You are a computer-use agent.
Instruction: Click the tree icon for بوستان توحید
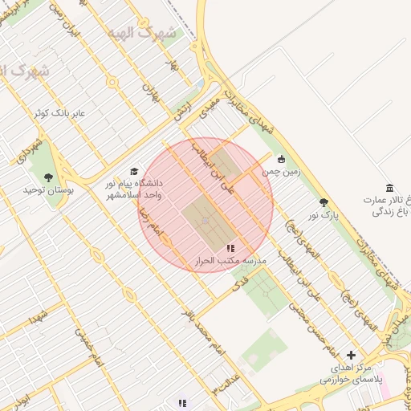pos(49,177)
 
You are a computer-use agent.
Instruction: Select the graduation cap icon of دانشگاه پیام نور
pos(134,171)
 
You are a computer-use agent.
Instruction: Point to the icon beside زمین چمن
pos(281,158)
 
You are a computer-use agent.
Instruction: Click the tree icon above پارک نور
pos(324,203)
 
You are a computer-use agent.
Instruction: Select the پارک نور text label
pos(324,215)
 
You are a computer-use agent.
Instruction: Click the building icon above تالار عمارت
pos(389,187)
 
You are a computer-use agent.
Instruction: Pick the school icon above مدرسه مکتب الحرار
pos(231,249)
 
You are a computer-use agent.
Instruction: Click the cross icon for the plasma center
pos(351,354)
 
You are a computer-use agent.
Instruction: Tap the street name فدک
pos(239,286)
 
